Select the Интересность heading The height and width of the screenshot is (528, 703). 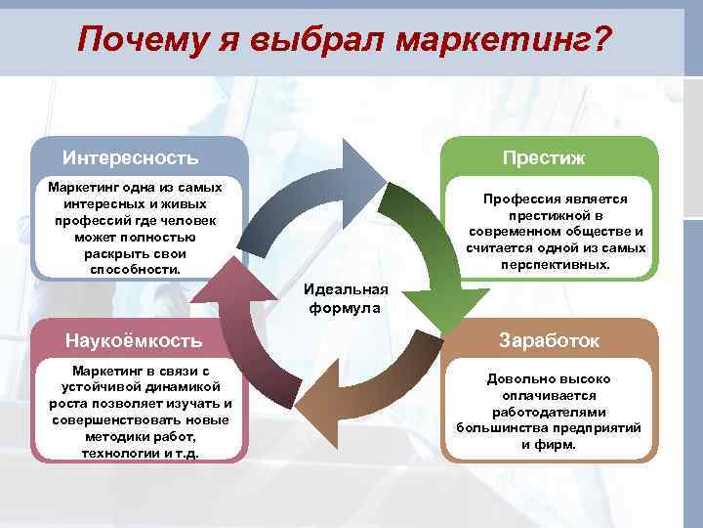point(131,157)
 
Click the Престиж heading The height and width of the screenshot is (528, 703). point(543,157)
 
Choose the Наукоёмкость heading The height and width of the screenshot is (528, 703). point(134,340)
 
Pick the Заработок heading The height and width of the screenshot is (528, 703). point(550,340)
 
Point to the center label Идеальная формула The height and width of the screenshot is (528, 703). point(346,298)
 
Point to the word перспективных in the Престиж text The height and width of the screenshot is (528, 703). point(555,264)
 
